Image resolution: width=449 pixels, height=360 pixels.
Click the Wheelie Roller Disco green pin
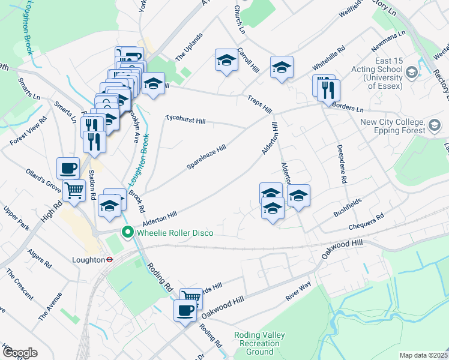click(x=128, y=232)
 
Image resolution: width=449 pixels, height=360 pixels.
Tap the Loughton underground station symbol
click(x=110, y=260)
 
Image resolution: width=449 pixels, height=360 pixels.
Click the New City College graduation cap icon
click(x=435, y=127)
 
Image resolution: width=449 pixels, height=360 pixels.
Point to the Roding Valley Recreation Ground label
click(x=260, y=343)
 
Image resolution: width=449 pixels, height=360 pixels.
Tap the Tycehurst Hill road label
click(x=185, y=121)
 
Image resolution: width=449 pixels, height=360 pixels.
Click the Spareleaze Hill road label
click(x=206, y=156)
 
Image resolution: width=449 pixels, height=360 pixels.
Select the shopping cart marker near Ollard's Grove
click(x=74, y=191)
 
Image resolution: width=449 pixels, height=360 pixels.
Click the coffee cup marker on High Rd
click(x=68, y=167)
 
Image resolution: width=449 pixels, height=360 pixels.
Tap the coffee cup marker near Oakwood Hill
click(x=185, y=310)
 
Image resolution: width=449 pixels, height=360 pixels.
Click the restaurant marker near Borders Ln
click(x=328, y=89)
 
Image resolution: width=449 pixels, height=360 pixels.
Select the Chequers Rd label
click(x=366, y=223)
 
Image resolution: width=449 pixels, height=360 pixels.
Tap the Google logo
click(x=20, y=353)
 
